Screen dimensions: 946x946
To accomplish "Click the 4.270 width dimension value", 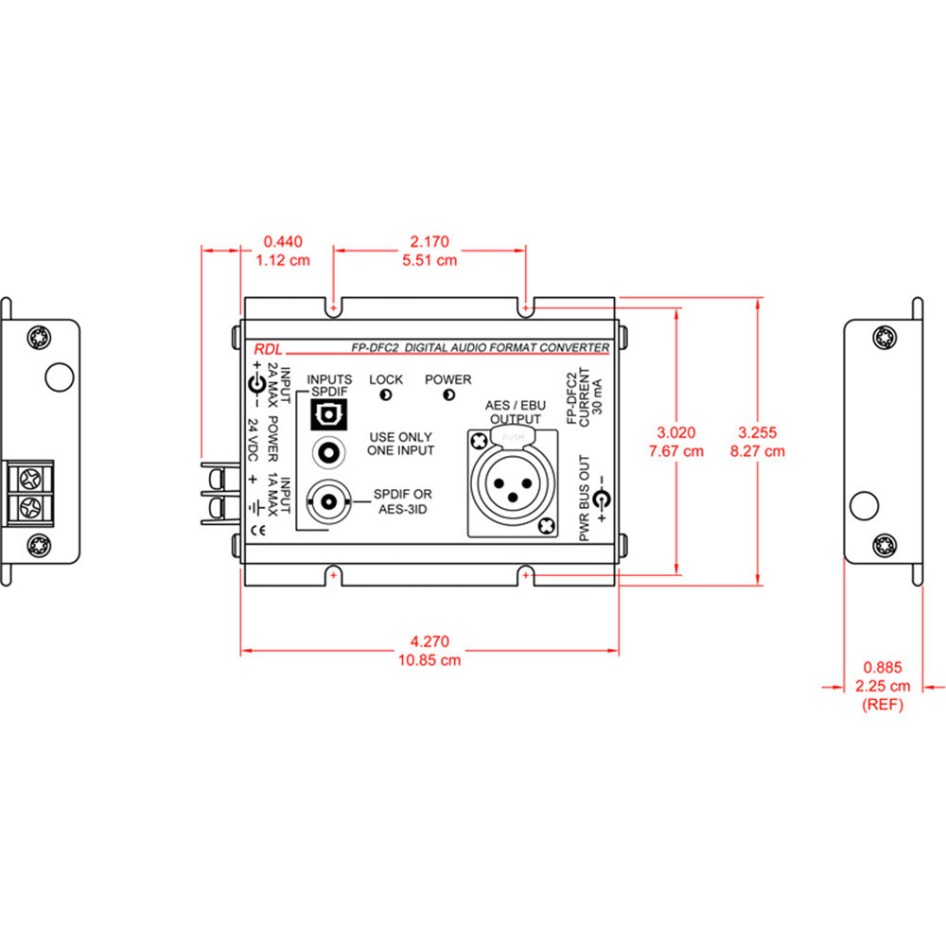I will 430,640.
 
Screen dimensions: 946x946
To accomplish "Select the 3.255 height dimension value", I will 759,432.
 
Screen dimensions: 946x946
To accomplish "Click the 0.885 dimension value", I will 882,667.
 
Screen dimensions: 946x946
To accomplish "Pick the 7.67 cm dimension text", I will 676,451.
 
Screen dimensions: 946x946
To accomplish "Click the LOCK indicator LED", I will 386,394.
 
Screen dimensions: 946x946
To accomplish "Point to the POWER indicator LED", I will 447,394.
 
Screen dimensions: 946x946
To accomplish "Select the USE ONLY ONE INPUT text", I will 401,443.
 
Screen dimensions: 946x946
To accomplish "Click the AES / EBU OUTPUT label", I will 515,412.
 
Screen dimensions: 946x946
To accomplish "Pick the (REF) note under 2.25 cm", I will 882,705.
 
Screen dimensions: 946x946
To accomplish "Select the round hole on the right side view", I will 862,506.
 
